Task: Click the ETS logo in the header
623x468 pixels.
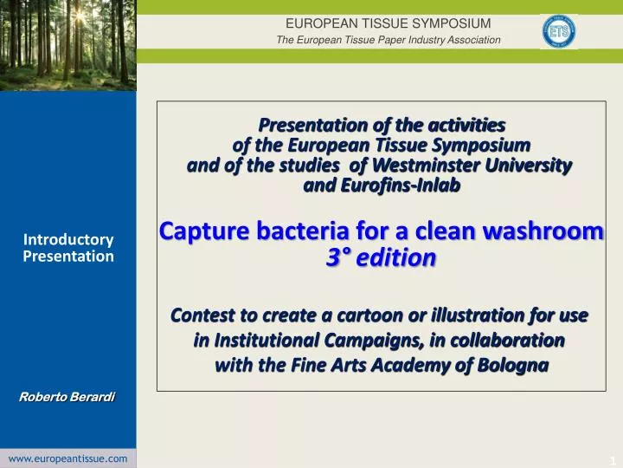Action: click(x=558, y=31)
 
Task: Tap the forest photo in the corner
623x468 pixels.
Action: click(x=67, y=43)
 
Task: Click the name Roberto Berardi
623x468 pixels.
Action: click(x=67, y=397)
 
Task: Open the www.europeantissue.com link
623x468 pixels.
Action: click(x=67, y=458)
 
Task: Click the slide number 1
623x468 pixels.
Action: click(x=611, y=458)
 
